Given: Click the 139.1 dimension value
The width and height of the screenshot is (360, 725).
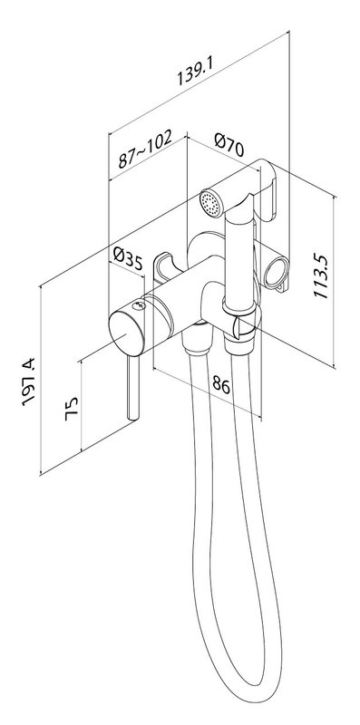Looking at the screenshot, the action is pyautogui.click(x=195, y=71).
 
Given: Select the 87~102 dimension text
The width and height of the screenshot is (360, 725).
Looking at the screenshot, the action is pyautogui.click(x=145, y=148).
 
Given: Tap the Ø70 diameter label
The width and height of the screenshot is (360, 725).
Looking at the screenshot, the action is pyautogui.click(x=229, y=145).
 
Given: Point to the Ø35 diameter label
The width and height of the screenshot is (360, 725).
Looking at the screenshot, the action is pyautogui.click(x=128, y=259).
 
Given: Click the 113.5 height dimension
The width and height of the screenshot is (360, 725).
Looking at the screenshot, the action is pyautogui.click(x=320, y=276).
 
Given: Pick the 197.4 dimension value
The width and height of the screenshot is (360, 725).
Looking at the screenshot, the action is pyautogui.click(x=29, y=382).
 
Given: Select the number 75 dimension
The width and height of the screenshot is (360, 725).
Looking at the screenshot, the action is pyautogui.click(x=72, y=409).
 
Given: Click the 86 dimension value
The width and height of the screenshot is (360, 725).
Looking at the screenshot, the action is pyautogui.click(x=220, y=384).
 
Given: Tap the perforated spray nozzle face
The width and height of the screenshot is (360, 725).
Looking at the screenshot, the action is pyautogui.click(x=210, y=204).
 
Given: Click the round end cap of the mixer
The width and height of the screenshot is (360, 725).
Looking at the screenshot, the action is pyautogui.click(x=126, y=333).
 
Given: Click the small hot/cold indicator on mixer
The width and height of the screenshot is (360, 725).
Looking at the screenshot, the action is pyautogui.click(x=139, y=305).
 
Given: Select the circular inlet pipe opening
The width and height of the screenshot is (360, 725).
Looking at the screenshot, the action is pyautogui.click(x=277, y=272).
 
